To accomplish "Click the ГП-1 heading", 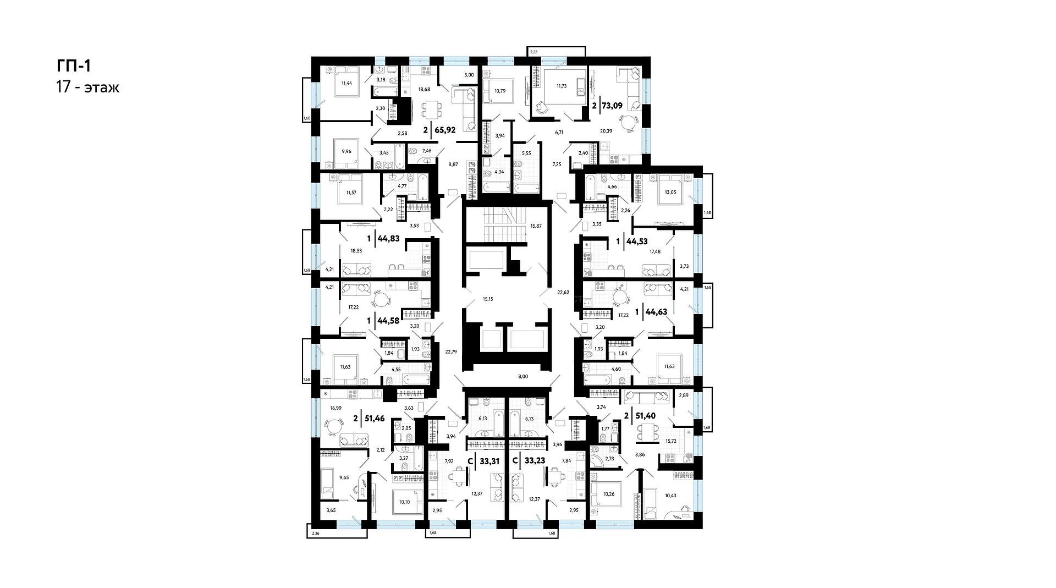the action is (x=73, y=66).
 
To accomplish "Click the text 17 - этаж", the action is (x=87, y=87).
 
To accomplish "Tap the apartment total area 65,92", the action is (x=444, y=130).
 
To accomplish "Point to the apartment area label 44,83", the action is (x=388, y=239).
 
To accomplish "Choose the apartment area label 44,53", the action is (x=637, y=241).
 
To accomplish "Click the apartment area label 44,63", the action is (x=656, y=312).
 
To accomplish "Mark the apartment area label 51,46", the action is (x=373, y=419).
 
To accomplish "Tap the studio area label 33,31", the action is (x=490, y=461).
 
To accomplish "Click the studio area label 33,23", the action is (x=535, y=461).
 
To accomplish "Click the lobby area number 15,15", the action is (x=488, y=299).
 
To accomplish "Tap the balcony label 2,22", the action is (x=533, y=52).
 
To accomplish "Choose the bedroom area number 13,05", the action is (x=671, y=193).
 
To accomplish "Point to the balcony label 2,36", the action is (x=315, y=533).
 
